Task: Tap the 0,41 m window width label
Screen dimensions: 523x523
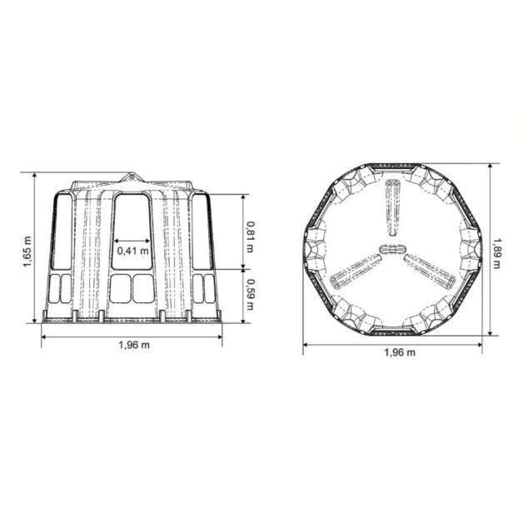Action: tap(132, 250)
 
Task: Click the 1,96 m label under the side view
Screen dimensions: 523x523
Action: tap(132, 345)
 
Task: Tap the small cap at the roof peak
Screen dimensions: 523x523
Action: tap(132, 177)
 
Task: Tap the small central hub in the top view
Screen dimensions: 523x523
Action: tap(390, 249)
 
